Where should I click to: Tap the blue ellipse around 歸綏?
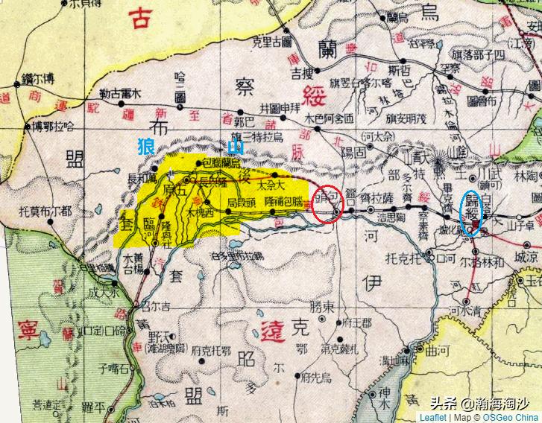coord(471,214)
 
